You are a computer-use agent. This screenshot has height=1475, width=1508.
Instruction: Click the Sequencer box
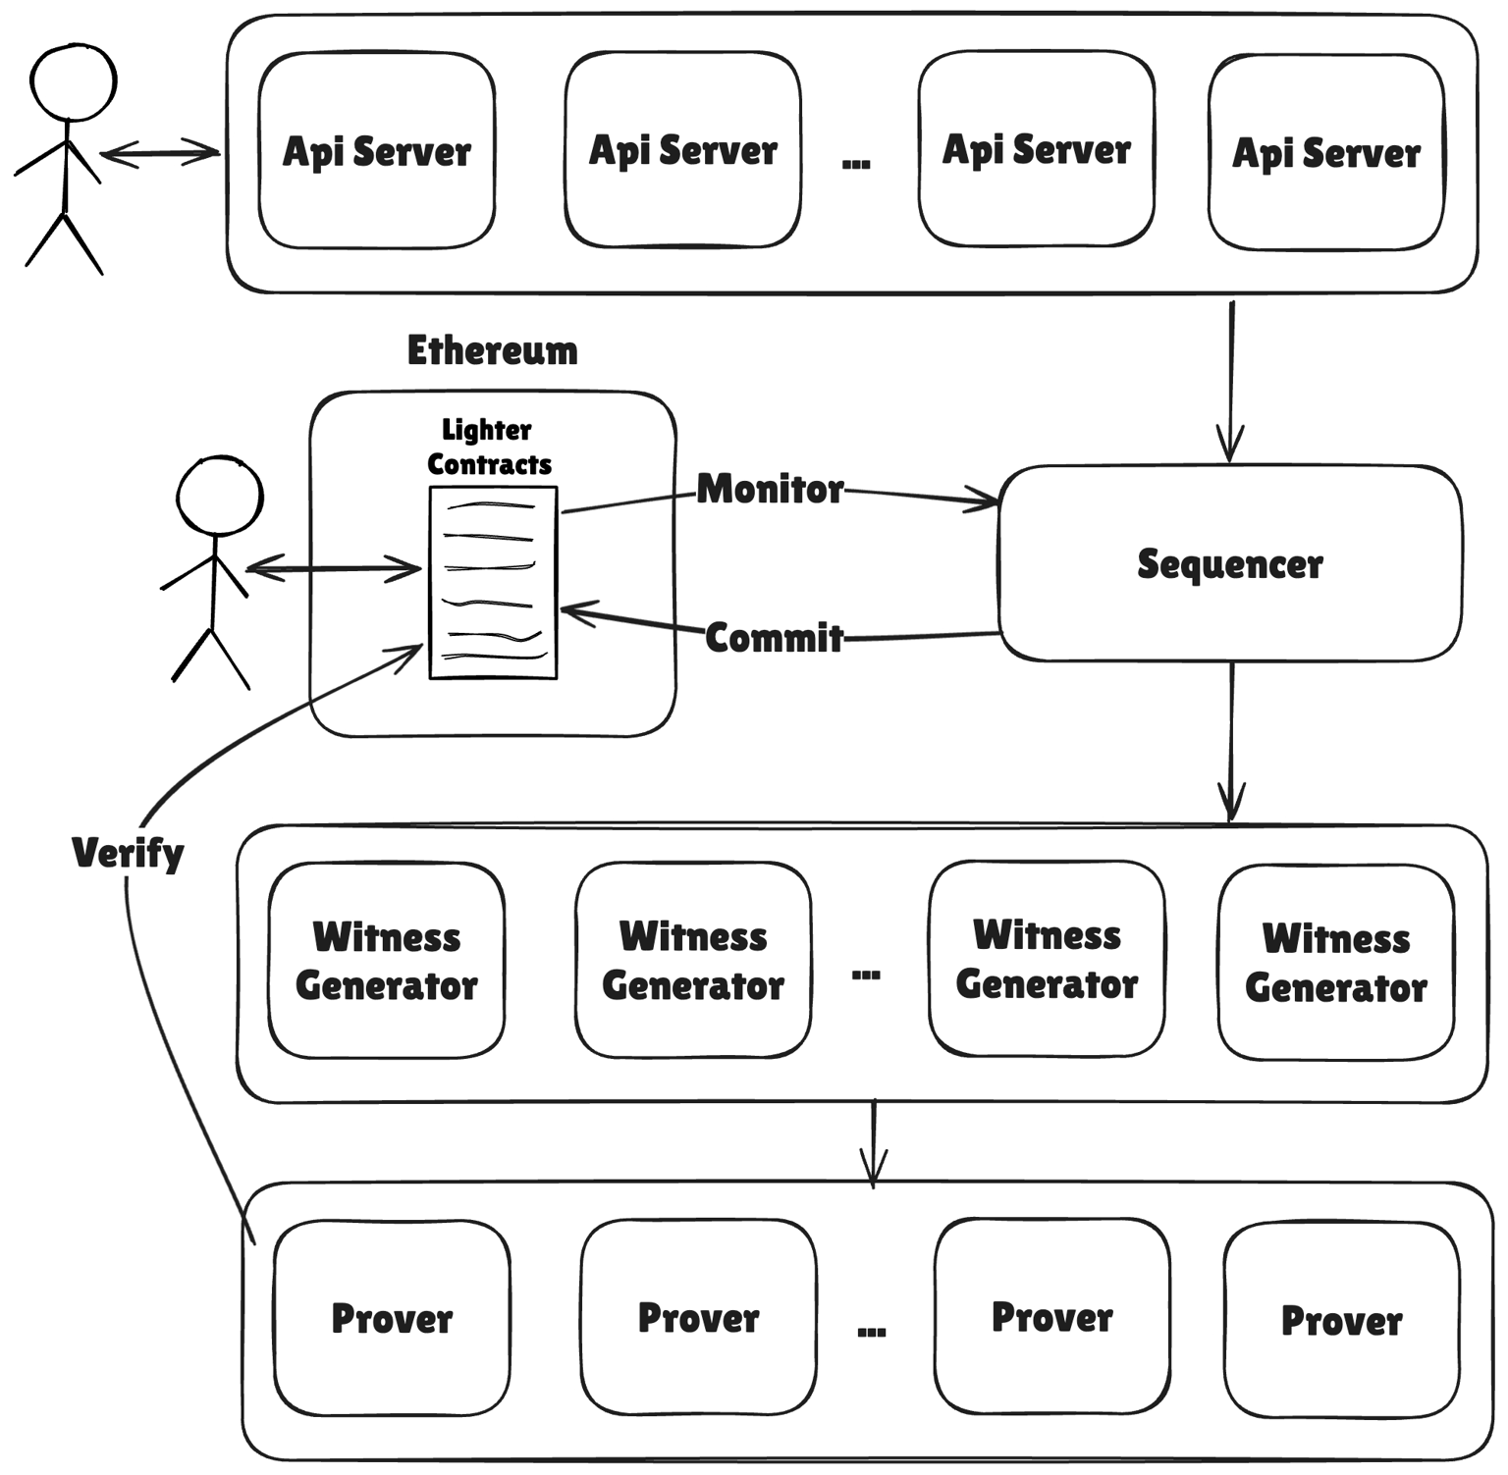click(1229, 563)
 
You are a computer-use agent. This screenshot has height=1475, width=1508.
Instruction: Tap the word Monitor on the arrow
click(770, 489)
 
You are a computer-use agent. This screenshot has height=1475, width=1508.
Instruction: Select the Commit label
click(774, 638)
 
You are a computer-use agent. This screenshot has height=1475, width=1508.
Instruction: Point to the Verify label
click(128, 853)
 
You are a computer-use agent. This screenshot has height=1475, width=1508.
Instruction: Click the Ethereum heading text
click(492, 350)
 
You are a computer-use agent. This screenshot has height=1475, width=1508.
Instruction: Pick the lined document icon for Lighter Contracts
click(493, 583)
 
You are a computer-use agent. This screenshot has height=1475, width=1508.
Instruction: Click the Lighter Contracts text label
click(489, 447)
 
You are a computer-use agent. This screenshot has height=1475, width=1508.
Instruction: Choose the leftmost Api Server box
click(377, 151)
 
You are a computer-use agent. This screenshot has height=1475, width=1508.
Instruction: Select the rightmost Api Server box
click(1325, 152)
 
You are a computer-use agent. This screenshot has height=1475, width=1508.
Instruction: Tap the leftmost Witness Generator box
click(386, 961)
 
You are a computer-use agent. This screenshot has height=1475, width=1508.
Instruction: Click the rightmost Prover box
click(1341, 1320)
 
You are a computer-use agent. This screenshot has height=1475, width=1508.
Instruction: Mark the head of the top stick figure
click(73, 82)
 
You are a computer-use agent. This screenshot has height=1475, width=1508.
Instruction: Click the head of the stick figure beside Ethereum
click(220, 496)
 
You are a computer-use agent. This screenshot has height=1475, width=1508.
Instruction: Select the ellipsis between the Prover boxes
click(871, 1332)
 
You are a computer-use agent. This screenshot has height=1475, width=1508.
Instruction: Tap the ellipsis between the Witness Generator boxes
click(865, 975)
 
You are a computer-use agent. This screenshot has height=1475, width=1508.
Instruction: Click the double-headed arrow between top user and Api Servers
click(160, 153)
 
